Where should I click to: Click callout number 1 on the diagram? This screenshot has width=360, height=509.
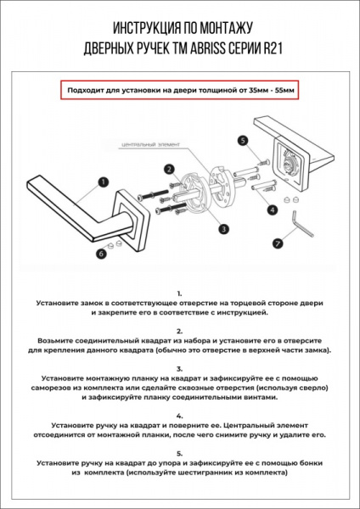(103, 182)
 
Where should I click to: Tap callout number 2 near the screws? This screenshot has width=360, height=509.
(170, 169)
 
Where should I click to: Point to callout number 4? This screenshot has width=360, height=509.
(273, 209)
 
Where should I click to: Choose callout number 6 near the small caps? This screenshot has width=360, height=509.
(101, 253)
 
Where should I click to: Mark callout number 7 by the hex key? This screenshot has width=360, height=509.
(277, 243)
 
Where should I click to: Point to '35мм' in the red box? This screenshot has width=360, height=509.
(246, 89)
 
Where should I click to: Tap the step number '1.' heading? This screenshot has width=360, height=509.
(179, 292)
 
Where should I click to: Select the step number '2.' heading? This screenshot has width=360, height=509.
(179, 330)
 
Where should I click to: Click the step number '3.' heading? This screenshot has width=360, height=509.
(179, 368)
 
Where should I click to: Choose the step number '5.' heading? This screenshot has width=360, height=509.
(179, 454)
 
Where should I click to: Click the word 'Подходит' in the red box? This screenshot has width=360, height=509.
(87, 89)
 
